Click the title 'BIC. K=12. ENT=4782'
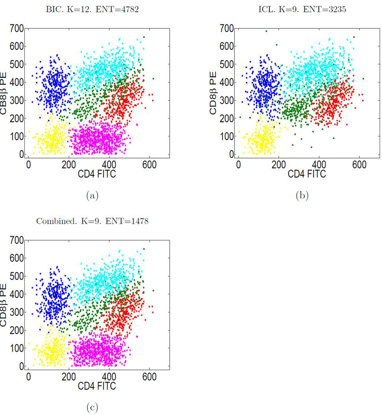[92, 10]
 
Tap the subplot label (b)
[302, 195]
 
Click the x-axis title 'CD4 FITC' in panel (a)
[97, 174]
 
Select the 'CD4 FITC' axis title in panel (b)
[307, 174]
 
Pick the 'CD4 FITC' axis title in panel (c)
[97, 385]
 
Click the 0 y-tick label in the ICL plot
[231, 155]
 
